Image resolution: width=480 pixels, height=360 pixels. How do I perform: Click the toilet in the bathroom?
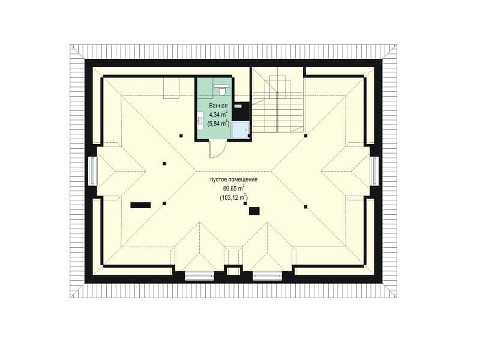click(221, 89)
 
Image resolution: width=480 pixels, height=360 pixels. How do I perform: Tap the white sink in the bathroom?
click(200, 118)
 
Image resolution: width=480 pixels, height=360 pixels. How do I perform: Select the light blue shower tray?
click(241, 130)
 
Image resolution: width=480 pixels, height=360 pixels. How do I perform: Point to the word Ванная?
click(218, 106)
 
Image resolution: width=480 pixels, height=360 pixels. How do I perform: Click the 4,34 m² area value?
click(218, 115)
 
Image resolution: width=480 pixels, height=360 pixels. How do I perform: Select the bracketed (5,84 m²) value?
click(218, 124)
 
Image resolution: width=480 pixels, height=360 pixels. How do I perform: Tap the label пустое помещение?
click(233, 179)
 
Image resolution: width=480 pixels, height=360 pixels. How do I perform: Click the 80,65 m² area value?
click(234, 188)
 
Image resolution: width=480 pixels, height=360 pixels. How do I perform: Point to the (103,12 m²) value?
click(233, 197)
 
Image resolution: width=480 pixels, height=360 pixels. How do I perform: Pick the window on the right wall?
click(374, 171)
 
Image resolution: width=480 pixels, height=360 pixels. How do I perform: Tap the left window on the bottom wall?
click(199, 276)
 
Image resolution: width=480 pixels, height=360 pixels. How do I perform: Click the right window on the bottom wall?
click(267, 276)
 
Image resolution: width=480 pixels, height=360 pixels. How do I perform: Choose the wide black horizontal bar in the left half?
click(140, 205)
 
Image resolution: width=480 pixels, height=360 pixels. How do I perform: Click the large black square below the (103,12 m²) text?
click(254, 211)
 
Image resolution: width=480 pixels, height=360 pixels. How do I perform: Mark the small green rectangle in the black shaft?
click(238, 106)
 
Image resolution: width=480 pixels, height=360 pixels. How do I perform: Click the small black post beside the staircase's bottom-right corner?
click(305, 136)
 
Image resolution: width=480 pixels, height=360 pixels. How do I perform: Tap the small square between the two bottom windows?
click(233, 271)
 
